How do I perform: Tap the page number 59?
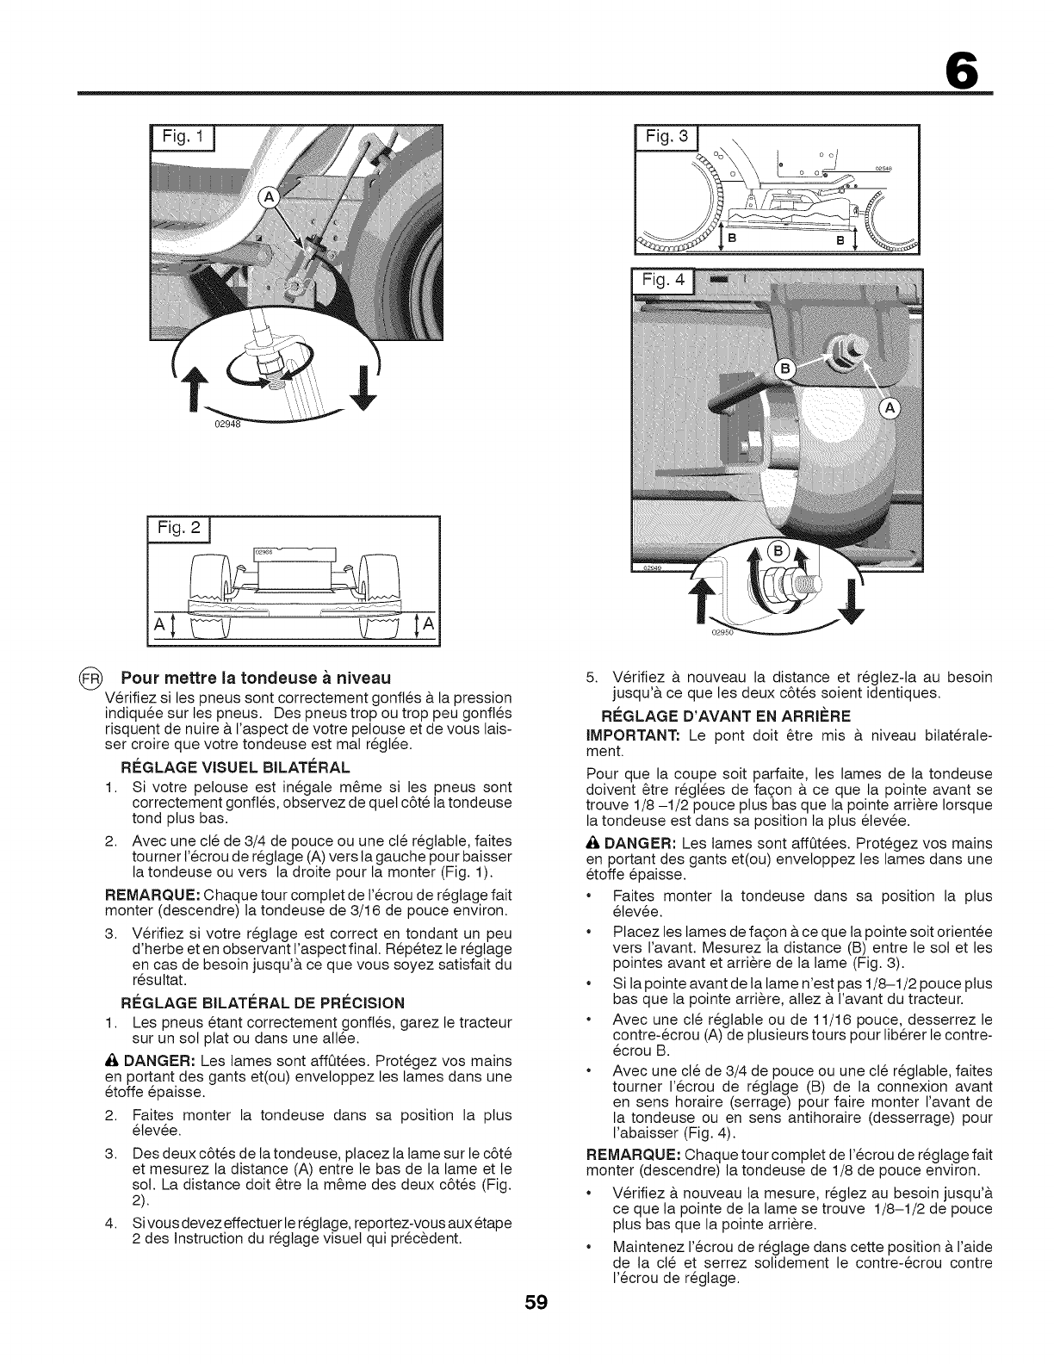click(x=527, y=1301)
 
